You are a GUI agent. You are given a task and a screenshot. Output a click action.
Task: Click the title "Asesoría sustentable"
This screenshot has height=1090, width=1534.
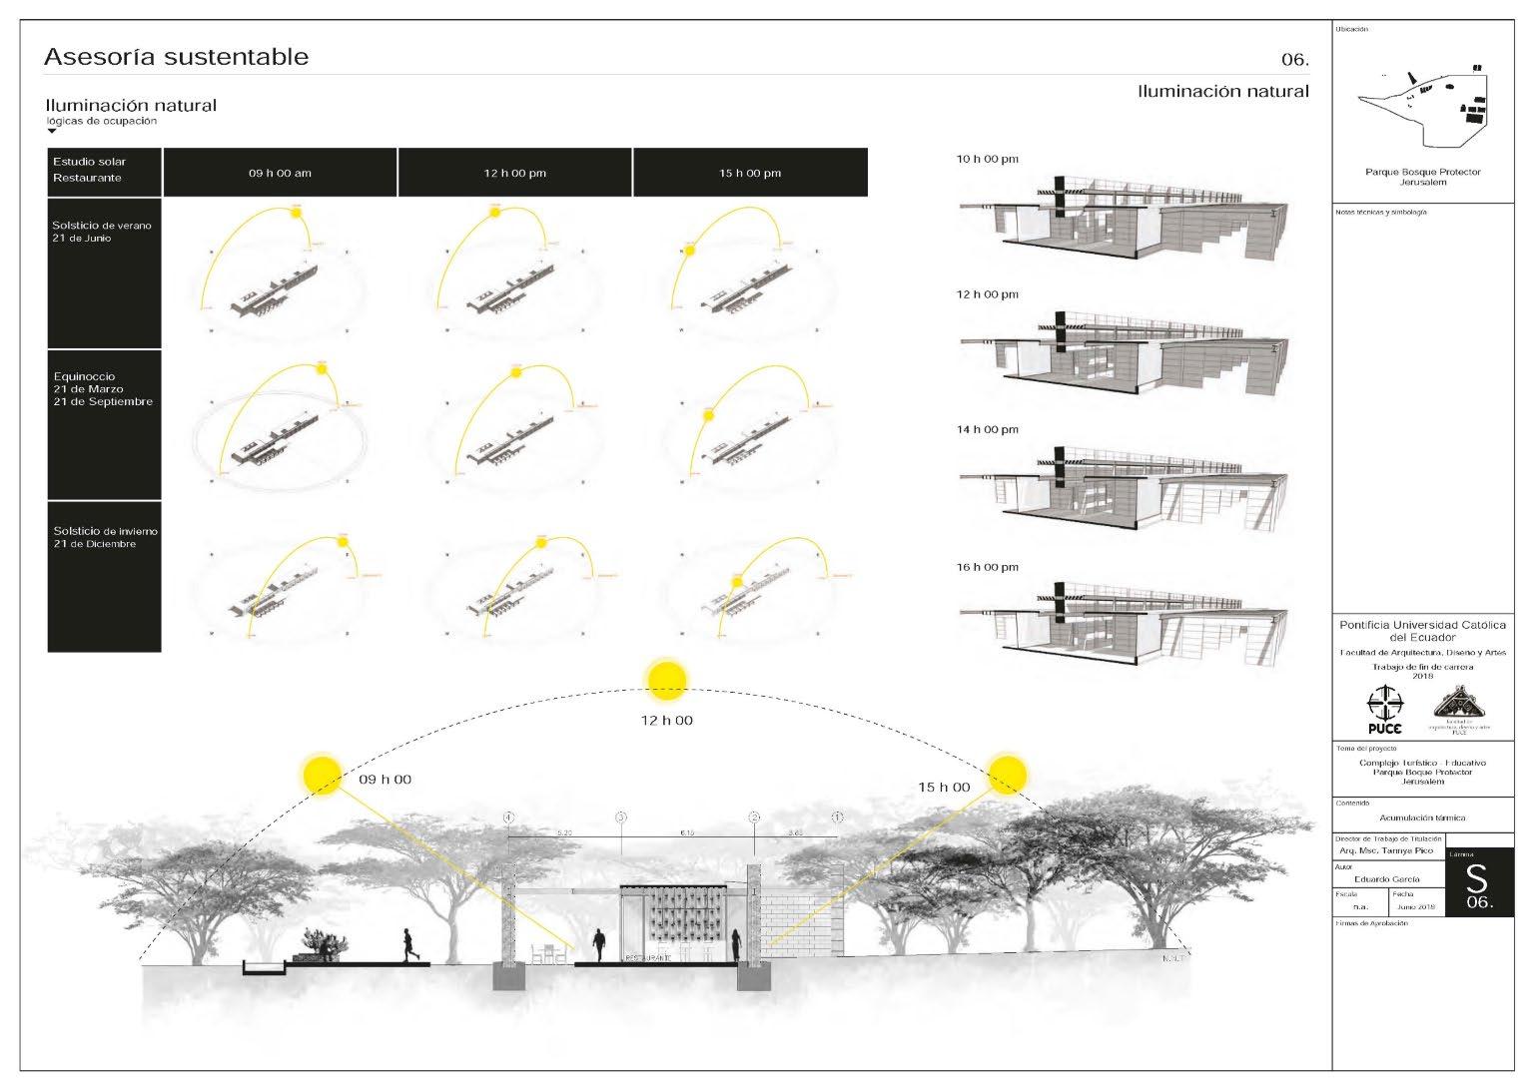click(x=176, y=57)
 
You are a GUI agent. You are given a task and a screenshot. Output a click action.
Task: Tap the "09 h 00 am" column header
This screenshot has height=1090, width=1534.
click(x=280, y=173)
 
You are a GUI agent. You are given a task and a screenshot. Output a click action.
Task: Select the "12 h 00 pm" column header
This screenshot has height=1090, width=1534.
click(x=514, y=173)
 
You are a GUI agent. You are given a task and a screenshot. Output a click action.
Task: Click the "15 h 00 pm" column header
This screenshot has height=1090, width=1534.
click(x=750, y=173)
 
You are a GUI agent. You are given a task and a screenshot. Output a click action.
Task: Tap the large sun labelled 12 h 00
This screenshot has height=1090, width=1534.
click(x=667, y=680)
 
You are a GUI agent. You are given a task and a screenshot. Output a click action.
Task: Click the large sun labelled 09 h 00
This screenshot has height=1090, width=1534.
click(x=323, y=776)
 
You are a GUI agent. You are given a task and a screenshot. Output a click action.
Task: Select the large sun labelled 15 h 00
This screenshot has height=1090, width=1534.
click(x=1007, y=772)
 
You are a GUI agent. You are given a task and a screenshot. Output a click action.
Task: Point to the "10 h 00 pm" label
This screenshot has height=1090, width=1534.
click(x=988, y=159)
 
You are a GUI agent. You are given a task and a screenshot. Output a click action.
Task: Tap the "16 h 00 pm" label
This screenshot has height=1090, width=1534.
click(x=988, y=567)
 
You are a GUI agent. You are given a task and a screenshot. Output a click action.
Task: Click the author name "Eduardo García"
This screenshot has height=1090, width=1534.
click(x=1387, y=879)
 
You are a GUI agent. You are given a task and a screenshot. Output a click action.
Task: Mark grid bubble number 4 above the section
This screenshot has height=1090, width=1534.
click(x=508, y=817)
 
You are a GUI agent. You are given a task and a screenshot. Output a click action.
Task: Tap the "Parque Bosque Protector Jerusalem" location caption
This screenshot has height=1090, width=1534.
click(x=1422, y=177)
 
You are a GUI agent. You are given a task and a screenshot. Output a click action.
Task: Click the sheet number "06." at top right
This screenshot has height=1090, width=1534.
click(x=1294, y=60)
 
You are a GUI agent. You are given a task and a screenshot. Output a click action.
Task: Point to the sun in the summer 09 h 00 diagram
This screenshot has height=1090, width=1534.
click(x=296, y=211)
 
